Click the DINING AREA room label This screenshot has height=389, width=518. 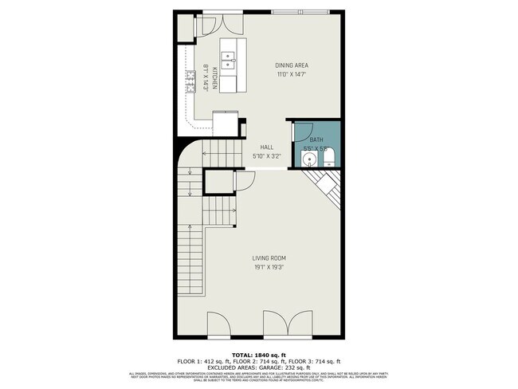292,65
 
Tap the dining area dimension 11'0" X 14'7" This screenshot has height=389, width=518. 292,74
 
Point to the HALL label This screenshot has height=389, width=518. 266,147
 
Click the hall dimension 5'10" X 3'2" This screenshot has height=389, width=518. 266,156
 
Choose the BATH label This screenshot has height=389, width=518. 316,139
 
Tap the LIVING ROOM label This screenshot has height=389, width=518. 269,257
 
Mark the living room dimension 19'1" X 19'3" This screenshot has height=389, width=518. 269,267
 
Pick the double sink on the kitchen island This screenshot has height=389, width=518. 228,60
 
